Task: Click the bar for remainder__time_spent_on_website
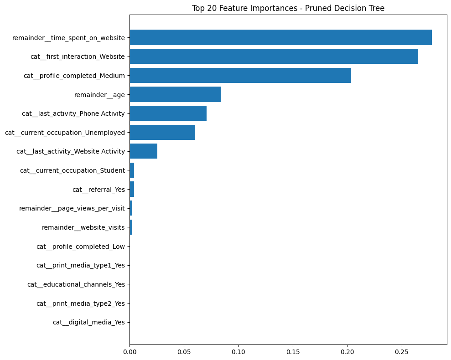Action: coord(280,37)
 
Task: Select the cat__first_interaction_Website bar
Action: coord(274,57)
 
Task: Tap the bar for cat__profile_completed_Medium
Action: coord(240,76)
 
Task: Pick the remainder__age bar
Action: coord(175,94)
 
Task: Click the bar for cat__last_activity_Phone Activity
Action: coord(168,113)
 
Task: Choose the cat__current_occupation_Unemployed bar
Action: coord(162,133)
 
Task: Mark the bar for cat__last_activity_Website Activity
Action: coord(144,151)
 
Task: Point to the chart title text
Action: coord(288,8)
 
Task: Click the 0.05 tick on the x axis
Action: coord(184,352)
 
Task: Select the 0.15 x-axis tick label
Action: coord(293,352)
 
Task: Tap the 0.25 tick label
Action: coord(402,352)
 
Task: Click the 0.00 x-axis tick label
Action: coord(130,352)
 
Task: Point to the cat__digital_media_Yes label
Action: coord(88,323)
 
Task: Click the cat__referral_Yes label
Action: coord(98,190)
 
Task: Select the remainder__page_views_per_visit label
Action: coord(72,209)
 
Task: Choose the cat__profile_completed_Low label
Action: coord(80,247)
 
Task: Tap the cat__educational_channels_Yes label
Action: coord(76,284)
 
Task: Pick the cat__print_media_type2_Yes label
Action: coord(80,303)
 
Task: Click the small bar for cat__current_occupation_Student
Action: coord(132,170)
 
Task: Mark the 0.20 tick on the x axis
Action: coord(347,352)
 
